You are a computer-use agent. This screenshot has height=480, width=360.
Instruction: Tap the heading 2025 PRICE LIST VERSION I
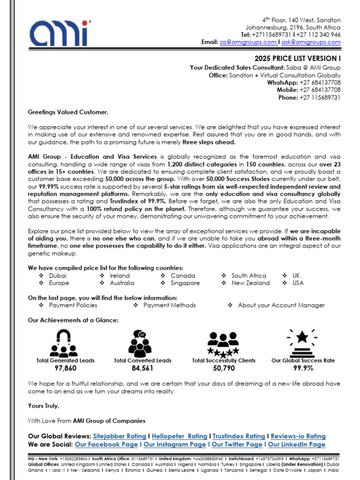(298, 59)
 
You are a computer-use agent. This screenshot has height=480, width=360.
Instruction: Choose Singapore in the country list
(185, 283)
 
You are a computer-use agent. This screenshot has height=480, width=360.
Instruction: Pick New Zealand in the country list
(251, 283)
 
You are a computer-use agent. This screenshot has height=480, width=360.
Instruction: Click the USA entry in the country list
(298, 283)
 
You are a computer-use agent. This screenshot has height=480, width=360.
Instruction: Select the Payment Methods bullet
(170, 305)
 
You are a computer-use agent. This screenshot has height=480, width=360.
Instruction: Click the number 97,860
(65, 369)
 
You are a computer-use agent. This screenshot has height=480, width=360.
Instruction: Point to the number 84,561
(142, 369)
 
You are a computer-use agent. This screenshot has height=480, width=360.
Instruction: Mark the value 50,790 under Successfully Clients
(224, 369)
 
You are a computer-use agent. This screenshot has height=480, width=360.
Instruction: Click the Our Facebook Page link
(106, 444)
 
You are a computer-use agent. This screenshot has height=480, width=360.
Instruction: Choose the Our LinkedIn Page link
(296, 444)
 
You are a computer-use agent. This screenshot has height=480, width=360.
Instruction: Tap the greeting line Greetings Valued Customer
(68, 112)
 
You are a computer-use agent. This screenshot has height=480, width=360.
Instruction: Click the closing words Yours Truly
(44, 406)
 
